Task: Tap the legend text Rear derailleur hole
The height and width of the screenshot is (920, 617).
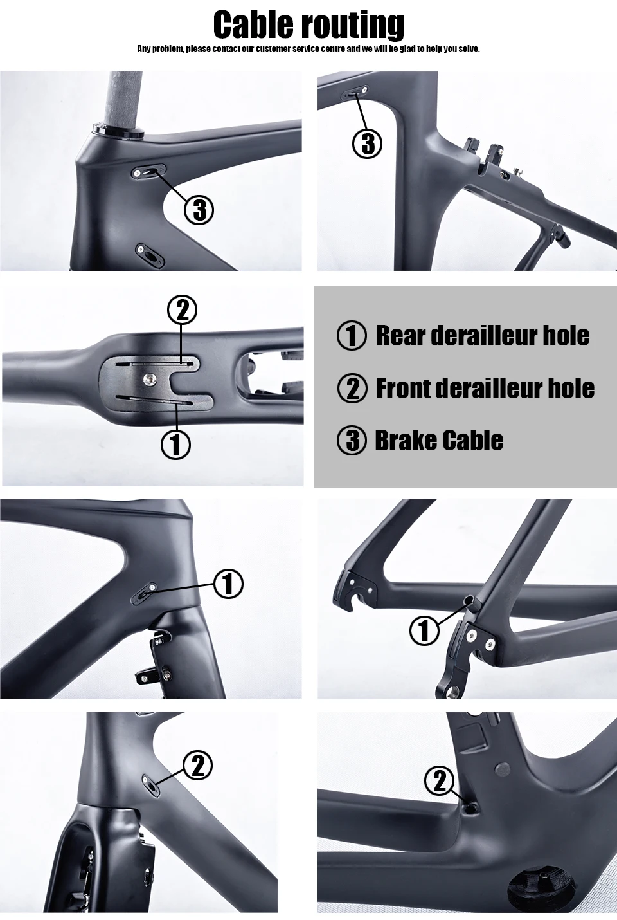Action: coord(482,335)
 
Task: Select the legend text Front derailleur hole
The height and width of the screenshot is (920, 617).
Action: coord(485,388)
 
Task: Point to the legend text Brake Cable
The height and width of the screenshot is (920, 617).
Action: coord(438,441)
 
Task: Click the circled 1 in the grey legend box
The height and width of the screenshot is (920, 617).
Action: coord(352,336)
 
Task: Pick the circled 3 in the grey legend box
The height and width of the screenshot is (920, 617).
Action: coord(352,441)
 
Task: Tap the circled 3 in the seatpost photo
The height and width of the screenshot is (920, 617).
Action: coord(199,210)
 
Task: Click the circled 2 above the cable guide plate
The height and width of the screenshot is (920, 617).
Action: coord(182,310)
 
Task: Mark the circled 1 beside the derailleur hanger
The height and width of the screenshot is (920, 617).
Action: coord(424,630)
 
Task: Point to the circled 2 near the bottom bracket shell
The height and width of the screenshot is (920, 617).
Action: coord(440,781)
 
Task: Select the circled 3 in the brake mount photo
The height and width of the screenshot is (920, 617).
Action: coord(368,143)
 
